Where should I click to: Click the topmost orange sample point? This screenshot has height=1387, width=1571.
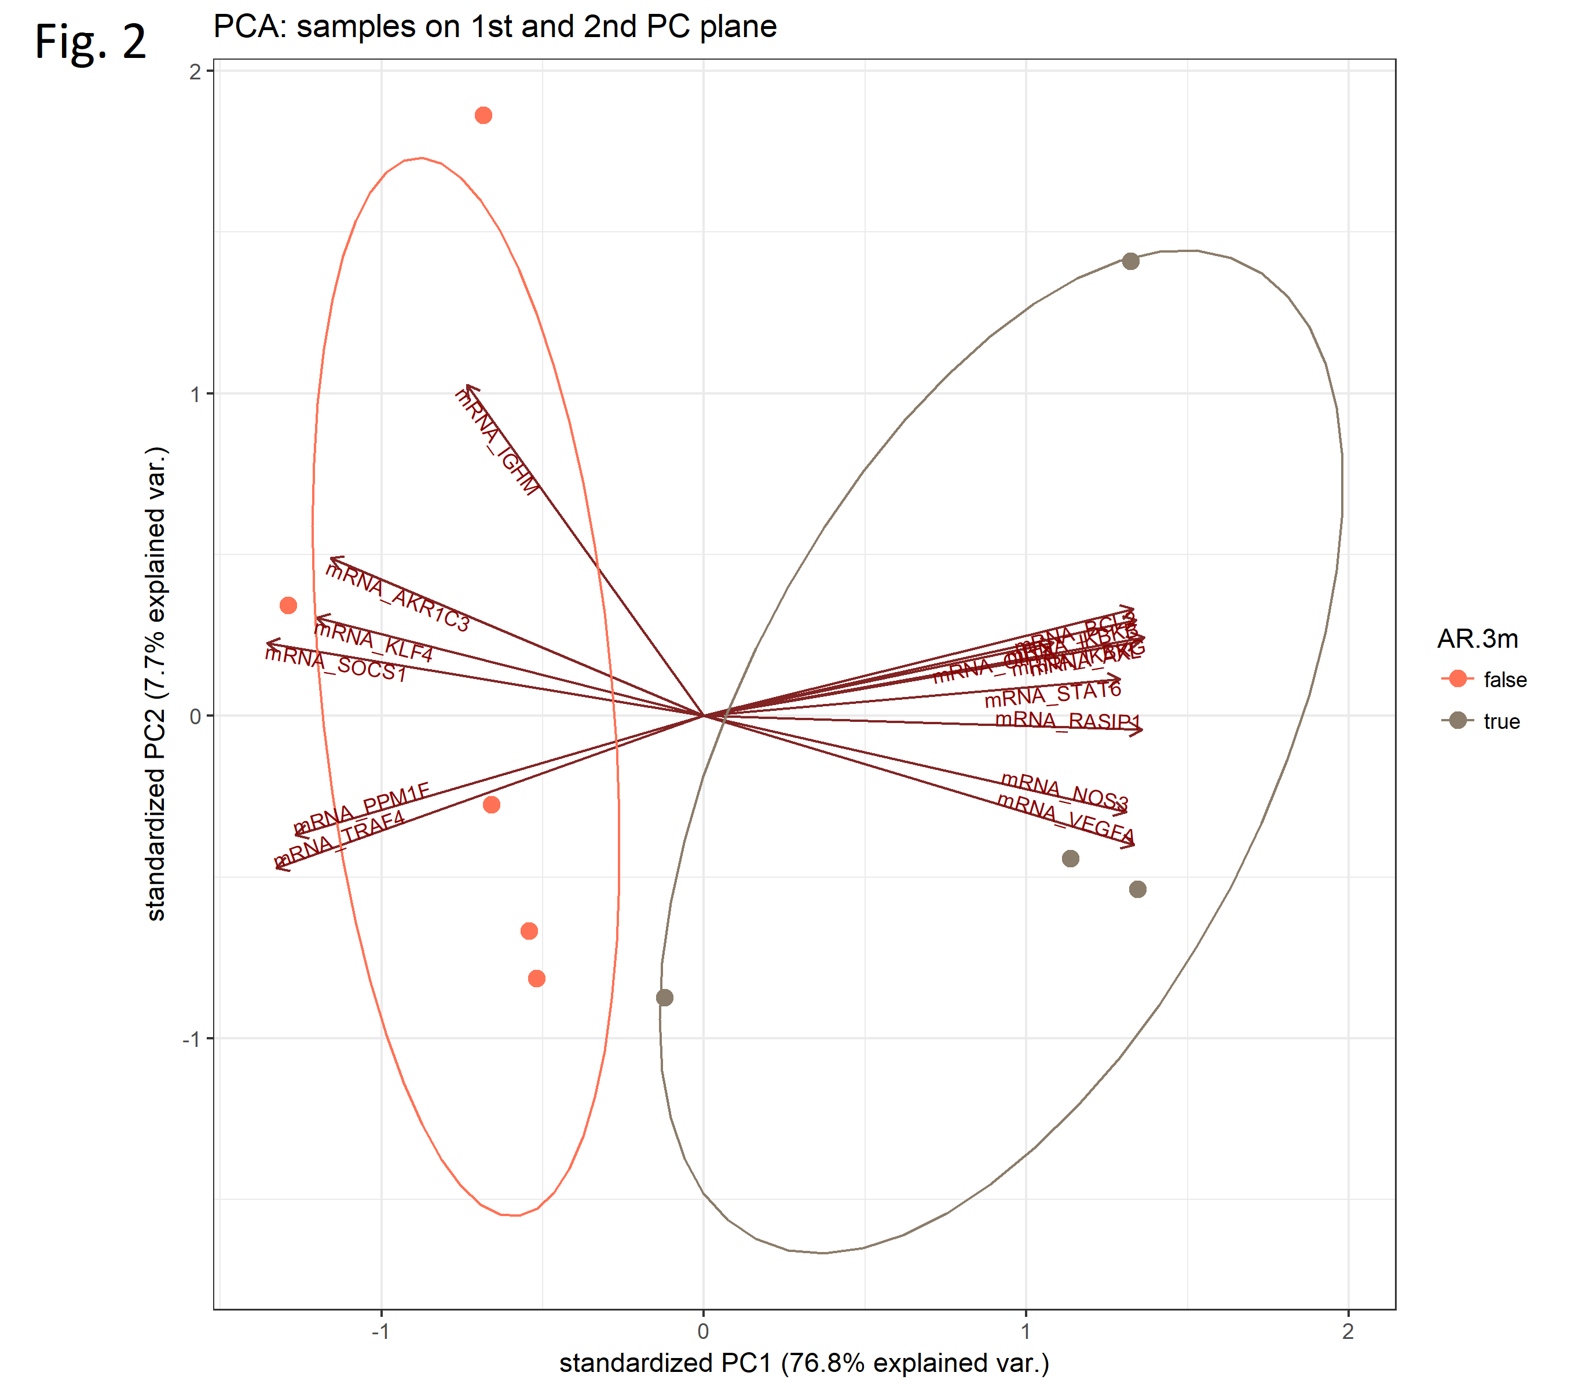(x=484, y=115)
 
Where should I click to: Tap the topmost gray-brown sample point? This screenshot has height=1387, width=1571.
(x=1130, y=261)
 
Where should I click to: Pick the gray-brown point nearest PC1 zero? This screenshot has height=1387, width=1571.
(x=665, y=998)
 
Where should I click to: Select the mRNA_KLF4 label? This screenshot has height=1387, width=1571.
(x=373, y=642)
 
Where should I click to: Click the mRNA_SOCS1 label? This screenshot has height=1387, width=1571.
(x=336, y=663)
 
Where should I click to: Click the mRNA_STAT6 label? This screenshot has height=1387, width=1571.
(x=1053, y=694)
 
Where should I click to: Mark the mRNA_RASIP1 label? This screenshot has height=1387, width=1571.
(x=1068, y=720)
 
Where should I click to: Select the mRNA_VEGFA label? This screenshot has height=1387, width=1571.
(x=1065, y=819)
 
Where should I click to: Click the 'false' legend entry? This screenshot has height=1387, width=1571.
(x=1505, y=680)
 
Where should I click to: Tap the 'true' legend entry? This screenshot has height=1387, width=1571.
(x=1501, y=721)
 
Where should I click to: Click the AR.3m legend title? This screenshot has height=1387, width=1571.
(x=1477, y=638)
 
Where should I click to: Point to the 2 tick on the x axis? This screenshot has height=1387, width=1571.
(x=1348, y=1331)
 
